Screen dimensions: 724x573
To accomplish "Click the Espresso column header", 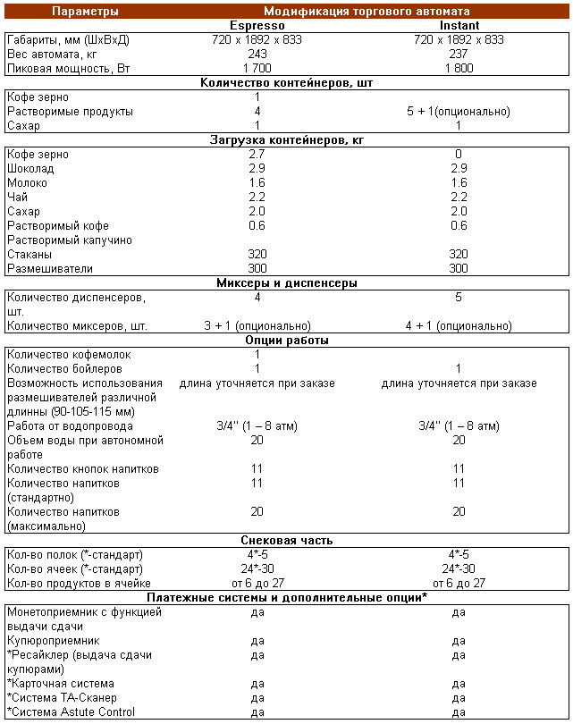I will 257,26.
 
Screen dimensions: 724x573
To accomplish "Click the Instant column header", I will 459,26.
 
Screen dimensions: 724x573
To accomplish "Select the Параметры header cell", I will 85,12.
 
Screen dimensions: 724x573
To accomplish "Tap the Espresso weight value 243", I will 257,55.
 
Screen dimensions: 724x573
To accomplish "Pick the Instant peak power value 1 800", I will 459,69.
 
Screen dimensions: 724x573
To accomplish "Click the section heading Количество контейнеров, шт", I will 286,83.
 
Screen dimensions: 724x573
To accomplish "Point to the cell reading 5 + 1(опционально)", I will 459,112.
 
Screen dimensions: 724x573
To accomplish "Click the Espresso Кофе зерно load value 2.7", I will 257,155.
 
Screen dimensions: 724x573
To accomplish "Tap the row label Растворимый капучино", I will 70,240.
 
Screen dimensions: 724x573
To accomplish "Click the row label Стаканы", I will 29,255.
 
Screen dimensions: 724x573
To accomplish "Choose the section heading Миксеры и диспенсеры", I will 286,283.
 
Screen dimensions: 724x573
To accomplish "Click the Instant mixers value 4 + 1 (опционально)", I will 459,326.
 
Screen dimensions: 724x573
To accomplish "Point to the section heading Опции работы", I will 286,341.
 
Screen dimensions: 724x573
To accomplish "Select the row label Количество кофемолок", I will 69,355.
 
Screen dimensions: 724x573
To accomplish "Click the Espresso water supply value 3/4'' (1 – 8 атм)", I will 257,426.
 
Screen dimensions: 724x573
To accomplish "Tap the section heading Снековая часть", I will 286,541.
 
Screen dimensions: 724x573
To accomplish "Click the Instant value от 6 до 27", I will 459,584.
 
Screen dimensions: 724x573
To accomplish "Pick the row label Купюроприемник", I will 53,641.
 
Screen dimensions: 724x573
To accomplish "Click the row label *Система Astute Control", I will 71,712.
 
